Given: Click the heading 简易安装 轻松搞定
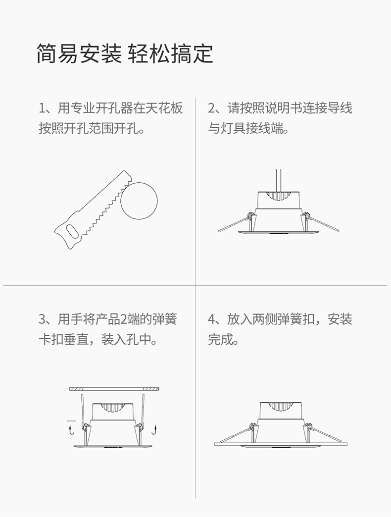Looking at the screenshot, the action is coord(125,53).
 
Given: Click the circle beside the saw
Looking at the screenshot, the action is coord(139,201).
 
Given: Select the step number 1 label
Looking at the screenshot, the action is coord(42,108).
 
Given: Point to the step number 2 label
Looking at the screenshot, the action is coord(211,108).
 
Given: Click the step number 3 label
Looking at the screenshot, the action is coord(42,319).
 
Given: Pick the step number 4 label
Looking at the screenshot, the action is coord(211,319).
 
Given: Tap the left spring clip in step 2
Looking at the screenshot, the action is coord(236,223).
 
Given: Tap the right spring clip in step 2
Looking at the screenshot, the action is coord(321,222).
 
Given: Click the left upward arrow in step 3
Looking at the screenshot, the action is coord(70,430).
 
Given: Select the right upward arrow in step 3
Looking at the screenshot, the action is coord(155,430).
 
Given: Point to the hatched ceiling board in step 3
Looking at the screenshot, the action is coord(114,389).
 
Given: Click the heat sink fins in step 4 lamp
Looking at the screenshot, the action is coord(280,407).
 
